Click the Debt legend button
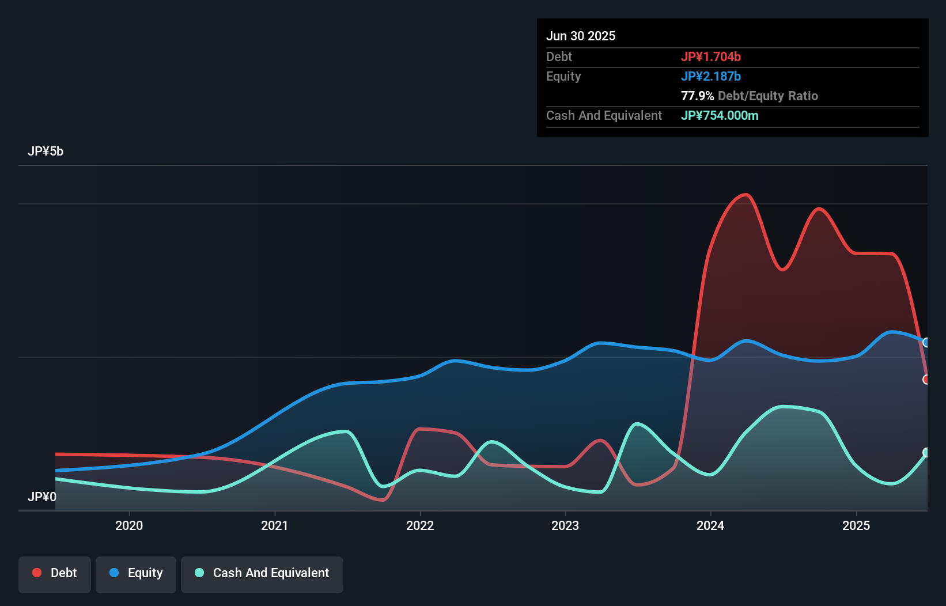click(x=55, y=573)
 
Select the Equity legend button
click(x=136, y=573)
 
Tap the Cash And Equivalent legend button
click(x=262, y=573)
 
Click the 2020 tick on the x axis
click(x=129, y=525)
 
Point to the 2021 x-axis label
click(x=274, y=525)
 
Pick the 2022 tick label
click(x=420, y=525)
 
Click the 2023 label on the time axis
click(x=565, y=525)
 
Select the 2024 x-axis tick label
click(x=710, y=525)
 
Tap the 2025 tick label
click(x=856, y=525)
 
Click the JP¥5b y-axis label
click(x=46, y=151)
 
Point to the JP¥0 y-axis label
click(x=42, y=497)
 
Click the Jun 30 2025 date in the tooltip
click(x=581, y=36)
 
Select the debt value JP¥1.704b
click(x=711, y=57)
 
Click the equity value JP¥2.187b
click(x=711, y=77)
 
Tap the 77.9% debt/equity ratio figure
click(x=697, y=96)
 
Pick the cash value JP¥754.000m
click(x=720, y=116)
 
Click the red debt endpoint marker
click(x=926, y=379)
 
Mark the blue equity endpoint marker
click(x=926, y=343)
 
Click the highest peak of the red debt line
click(x=746, y=195)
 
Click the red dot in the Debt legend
click(x=37, y=573)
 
